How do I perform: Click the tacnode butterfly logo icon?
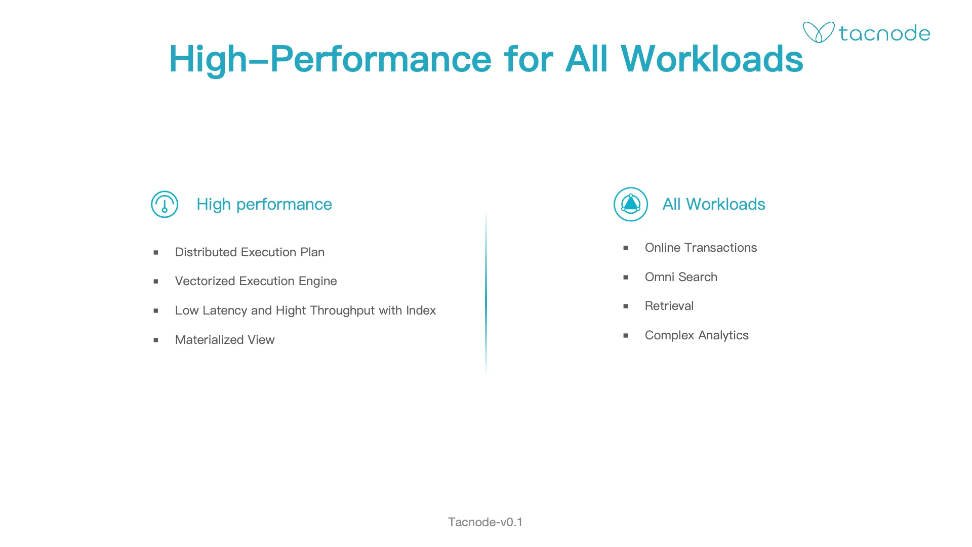[x=818, y=32]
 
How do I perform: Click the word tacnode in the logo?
[x=884, y=33]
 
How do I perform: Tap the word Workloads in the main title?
[x=712, y=59]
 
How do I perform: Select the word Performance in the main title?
[x=381, y=59]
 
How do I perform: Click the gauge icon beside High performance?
[x=165, y=204]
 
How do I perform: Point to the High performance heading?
[x=264, y=204]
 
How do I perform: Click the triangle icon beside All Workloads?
[x=631, y=204]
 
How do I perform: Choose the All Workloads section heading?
[x=714, y=204]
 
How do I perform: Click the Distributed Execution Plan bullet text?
[x=250, y=252]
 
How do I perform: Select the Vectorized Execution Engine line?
[x=256, y=281]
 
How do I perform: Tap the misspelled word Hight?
[x=291, y=310]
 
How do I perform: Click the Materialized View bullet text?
[x=225, y=340]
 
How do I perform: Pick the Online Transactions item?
[x=701, y=248]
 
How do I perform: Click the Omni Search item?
[x=681, y=277]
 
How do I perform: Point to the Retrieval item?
[x=669, y=306]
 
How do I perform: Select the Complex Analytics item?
[x=697, y=335]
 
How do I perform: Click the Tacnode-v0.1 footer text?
[x=485, y=522]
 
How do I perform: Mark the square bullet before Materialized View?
[x=156, y=340]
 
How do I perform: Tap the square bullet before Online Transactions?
[x=626, y=248]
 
